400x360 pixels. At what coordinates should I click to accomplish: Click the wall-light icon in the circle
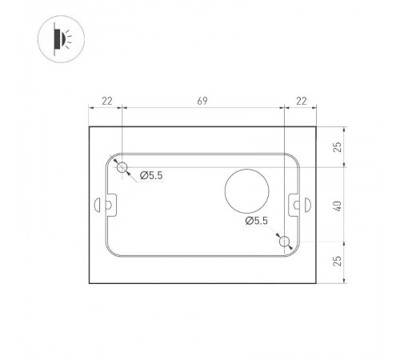pos(57,37)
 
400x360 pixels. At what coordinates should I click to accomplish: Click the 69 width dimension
pos(202,101)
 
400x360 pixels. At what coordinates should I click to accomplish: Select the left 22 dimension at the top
pos(106,101)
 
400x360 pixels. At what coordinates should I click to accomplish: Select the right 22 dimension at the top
pos(301,101)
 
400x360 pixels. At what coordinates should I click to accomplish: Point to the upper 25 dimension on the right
pos(338,146)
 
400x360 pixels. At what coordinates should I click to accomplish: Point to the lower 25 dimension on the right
pos(338,261)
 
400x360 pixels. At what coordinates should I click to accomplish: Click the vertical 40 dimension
pos(338,204)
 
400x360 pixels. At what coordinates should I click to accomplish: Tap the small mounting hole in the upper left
pos(122,167)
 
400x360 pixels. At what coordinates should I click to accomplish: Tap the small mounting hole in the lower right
pos(285,241)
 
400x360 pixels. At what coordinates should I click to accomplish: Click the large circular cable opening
pos(246,190)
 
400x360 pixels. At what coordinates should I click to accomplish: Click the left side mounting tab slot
pos(105,205)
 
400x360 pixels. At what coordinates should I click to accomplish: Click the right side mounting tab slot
pos(302,205)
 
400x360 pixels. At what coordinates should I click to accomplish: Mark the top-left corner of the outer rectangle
pos(88,125)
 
